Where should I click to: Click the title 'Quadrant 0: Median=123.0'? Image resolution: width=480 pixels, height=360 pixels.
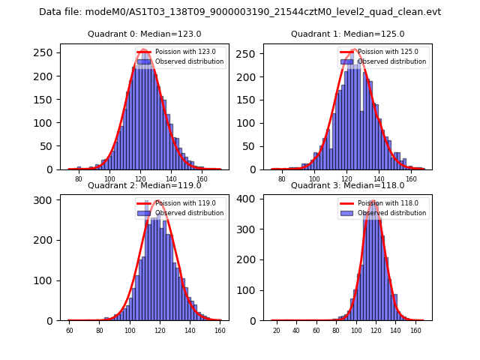pos(144,34)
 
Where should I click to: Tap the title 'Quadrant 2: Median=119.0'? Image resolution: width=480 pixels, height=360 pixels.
pos(144,185)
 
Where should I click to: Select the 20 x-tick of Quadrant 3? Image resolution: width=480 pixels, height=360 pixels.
pos(276,331)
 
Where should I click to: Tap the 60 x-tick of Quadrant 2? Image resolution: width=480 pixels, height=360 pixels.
pos(69,331)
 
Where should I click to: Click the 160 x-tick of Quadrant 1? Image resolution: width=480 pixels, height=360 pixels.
pos(410,179)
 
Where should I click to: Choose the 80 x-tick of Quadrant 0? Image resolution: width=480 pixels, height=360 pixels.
pos(78,179)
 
